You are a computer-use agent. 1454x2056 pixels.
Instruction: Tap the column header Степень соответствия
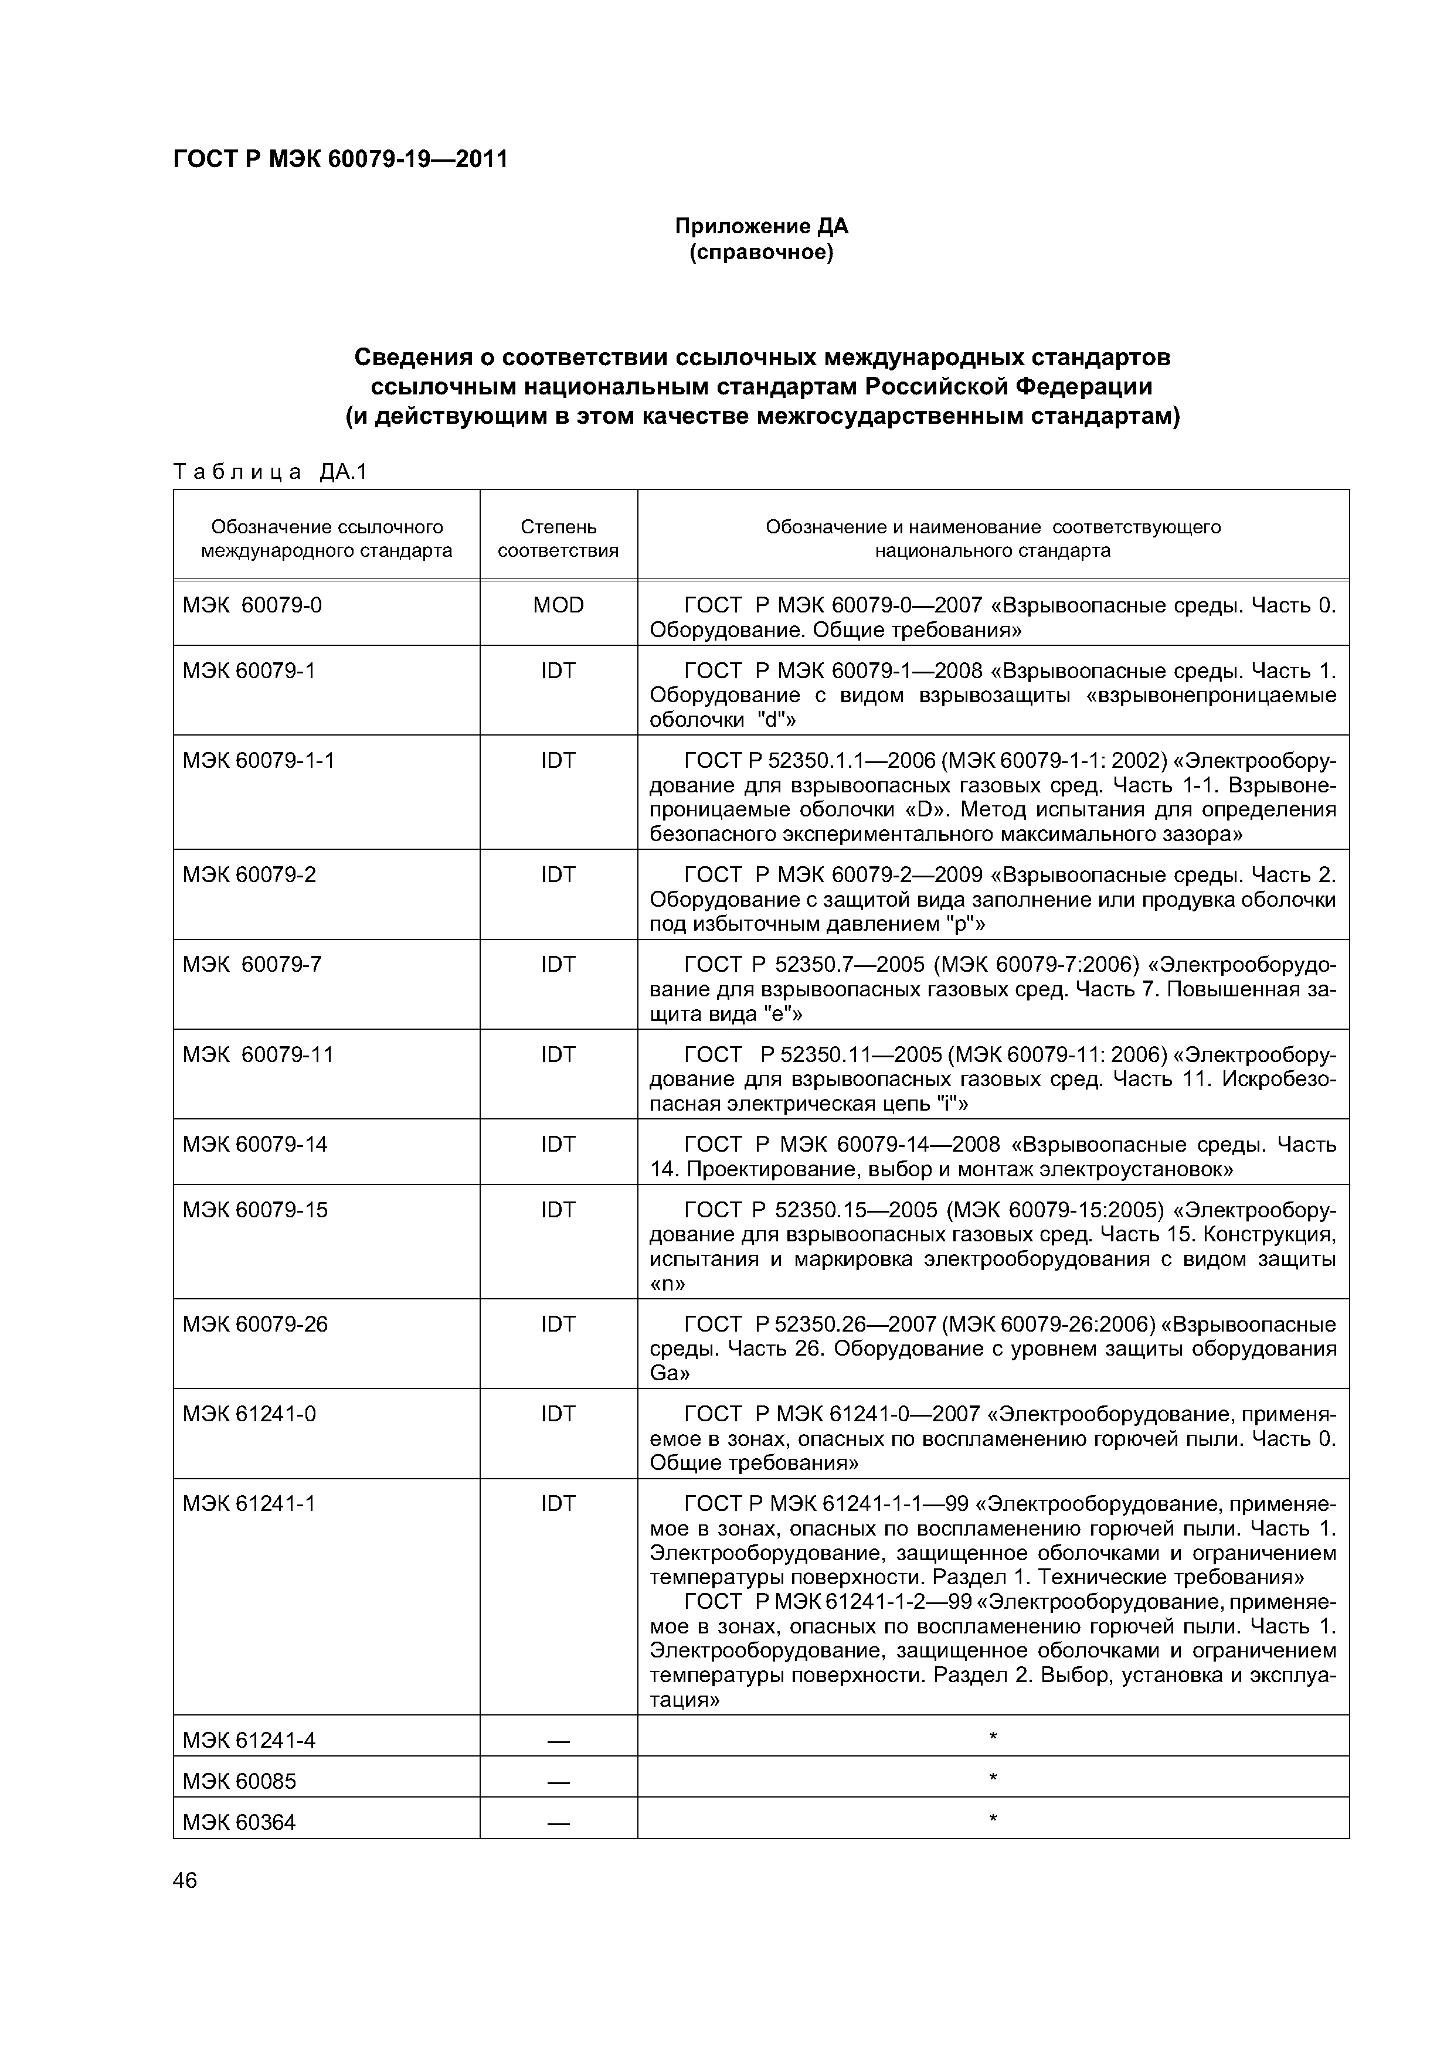point(558,538)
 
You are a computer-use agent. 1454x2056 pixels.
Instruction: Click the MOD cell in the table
point(558,605)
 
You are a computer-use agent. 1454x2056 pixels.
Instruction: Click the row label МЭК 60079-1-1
point(258,760)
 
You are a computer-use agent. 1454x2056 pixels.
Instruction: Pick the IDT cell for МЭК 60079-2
point(558,874)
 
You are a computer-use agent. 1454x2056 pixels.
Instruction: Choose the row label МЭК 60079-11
point(258,1054)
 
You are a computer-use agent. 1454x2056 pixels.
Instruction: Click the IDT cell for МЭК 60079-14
point(558,1143)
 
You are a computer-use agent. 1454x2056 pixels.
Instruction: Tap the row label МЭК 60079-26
point(255,1323)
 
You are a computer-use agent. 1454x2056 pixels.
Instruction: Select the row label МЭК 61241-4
point(249,1740)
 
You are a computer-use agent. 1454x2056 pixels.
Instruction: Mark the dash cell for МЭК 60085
point(558,1782)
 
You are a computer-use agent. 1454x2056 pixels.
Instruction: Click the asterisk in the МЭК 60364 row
point(993,1819)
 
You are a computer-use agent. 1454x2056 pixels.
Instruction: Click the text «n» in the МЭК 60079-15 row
point(667,1284)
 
